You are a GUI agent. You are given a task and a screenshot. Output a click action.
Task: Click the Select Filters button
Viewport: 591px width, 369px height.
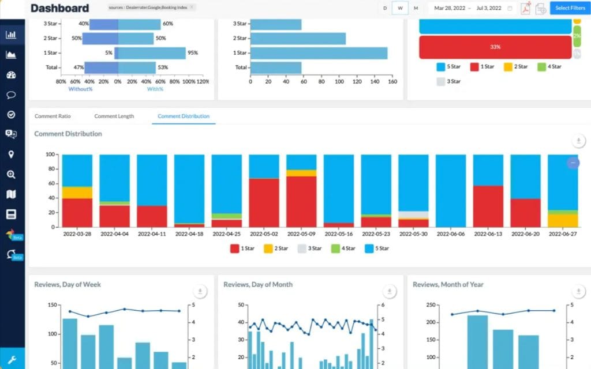[570, 8]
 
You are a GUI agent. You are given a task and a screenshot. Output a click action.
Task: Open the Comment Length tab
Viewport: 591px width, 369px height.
[114, 116]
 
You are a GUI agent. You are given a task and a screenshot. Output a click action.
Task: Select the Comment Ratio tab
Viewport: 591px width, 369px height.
[53, 116]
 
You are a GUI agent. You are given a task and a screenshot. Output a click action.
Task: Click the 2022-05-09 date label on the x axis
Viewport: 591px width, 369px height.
[301, 235]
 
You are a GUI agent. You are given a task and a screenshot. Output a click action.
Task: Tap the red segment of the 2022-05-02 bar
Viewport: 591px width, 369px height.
[264, 202]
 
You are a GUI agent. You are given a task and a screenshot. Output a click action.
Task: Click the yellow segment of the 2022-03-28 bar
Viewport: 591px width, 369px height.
[77, 193]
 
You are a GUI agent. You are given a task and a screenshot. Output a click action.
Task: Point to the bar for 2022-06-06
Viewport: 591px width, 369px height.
[451, 190]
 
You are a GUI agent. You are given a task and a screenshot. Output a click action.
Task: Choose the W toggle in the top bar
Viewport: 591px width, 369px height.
[400, 8]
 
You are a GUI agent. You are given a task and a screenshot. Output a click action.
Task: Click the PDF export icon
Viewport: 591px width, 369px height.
[526, 8]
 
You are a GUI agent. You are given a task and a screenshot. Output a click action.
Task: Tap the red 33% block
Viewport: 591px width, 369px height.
[495, 47]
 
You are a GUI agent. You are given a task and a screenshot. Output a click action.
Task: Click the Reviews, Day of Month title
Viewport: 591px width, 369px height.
[258, 284]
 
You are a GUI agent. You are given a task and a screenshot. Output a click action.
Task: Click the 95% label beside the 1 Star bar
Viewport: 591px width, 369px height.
[193, 52]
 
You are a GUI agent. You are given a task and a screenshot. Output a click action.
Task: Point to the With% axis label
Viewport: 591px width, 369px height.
[155, 89]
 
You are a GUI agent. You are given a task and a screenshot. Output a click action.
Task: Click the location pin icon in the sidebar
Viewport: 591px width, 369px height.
[11, 155]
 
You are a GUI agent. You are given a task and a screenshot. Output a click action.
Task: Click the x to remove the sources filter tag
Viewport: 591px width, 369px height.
[192, 7]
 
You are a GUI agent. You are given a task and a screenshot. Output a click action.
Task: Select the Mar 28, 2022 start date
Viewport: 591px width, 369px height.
[450, 8]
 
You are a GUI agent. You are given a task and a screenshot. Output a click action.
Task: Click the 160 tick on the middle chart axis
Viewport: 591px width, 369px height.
[392, 82]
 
